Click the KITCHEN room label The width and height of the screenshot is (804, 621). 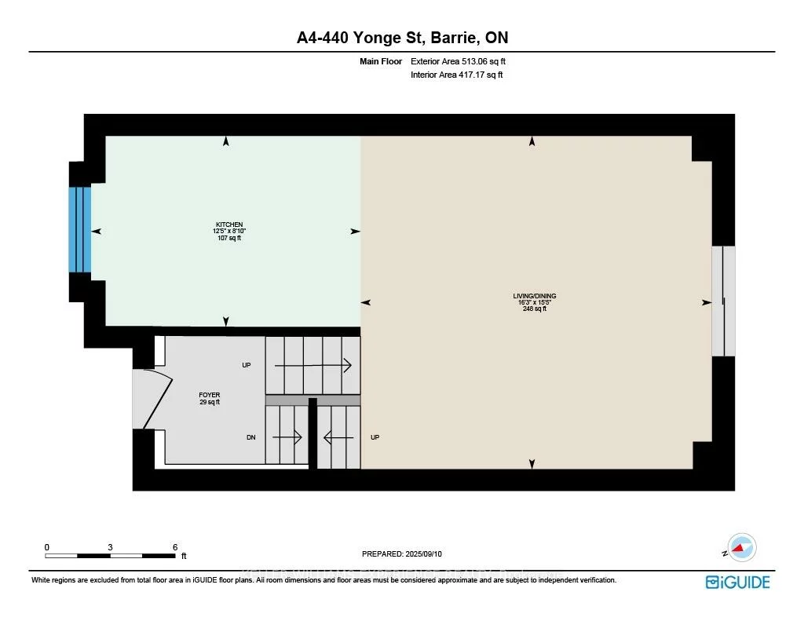coord(226,225)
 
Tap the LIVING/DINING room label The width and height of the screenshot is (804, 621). coord(535,296)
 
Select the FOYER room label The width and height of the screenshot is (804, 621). coord(210,396)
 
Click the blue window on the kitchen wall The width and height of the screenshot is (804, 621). coord(80,229)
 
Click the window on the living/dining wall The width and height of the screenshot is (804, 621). coord(723,301)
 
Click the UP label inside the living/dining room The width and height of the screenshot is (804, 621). coord(375,437)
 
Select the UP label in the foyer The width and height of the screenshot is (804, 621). coord(247,365)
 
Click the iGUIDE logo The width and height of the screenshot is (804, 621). coord(737,582)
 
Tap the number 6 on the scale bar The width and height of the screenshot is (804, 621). coord(175,547)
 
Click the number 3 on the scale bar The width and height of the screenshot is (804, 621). coord(111,547)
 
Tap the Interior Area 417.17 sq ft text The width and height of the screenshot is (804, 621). coord(456,75)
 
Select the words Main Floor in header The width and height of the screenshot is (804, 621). coord(382,61)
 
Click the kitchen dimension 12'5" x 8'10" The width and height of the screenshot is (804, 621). coord(226,231)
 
